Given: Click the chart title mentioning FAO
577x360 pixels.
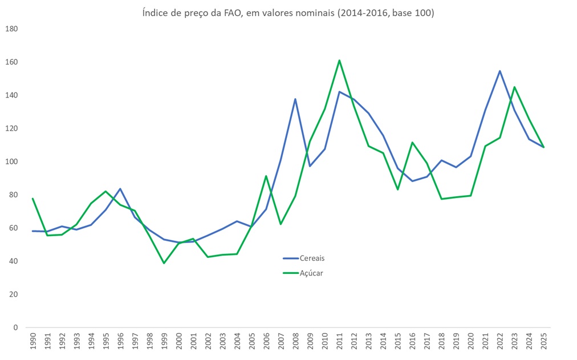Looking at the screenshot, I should [288, 13].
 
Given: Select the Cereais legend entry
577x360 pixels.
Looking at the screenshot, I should [312, 258].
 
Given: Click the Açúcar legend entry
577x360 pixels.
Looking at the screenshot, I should [311, 273].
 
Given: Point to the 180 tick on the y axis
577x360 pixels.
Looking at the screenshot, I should [11, 29].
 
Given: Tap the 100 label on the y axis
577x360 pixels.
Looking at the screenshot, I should [11, 162].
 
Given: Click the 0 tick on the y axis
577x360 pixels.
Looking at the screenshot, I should [15, 327].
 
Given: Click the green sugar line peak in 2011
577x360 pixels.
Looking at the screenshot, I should [339, 60].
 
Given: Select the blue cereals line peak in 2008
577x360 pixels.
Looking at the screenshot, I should [295, 99].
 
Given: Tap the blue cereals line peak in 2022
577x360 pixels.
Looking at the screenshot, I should [499, 71].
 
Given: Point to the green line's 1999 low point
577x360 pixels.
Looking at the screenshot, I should [164, 263].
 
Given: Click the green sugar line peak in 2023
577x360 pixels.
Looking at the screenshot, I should [514, 87].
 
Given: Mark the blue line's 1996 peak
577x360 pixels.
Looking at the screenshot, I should [120, 189].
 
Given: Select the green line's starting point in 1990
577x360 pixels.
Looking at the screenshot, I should [33, 199].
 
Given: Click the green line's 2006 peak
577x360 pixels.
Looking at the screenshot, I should [266, 176].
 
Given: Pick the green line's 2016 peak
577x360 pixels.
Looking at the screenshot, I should [412, 143].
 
